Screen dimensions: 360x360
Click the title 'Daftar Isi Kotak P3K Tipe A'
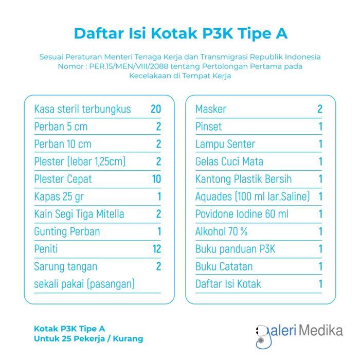pos(180,33)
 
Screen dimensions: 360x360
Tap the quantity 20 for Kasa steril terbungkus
pos(156,109)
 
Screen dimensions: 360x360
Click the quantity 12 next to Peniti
pos(156,249)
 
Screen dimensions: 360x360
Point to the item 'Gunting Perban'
pos(67,231)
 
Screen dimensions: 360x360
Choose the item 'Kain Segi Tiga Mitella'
pos(79,214)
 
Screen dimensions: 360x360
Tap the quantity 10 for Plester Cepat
pos(156,179)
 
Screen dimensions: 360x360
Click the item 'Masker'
pos(211,109)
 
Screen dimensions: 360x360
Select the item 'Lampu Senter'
pos(225,144)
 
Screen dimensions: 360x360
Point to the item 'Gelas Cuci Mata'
pos(229,161)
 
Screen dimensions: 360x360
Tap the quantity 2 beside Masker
pos(320,109)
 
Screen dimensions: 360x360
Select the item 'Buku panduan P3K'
pos(236,249)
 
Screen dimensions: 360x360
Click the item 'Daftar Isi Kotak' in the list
pos(228,284)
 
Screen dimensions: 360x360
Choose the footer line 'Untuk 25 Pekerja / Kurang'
pos(88,339)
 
